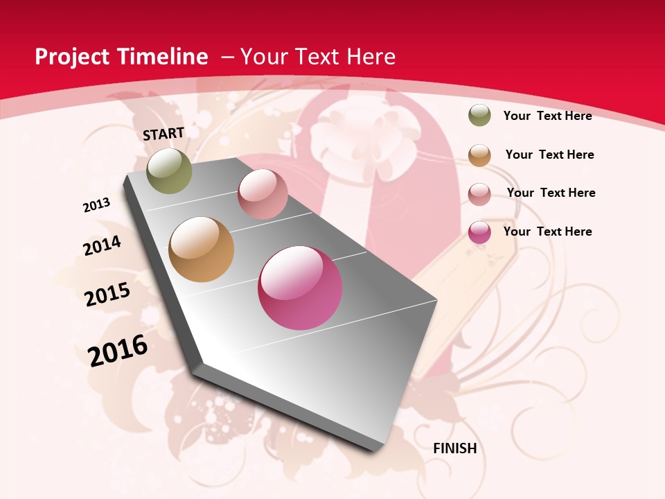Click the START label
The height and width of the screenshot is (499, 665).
[163, 134]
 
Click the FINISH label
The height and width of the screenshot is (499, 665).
[455, 448]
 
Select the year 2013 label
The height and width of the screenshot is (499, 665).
[96, 204]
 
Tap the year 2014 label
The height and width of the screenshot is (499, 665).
[102, 245]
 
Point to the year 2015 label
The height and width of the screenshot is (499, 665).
[107, 295]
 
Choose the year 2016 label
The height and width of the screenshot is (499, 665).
[118, 350]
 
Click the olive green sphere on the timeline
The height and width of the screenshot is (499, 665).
[169, 170]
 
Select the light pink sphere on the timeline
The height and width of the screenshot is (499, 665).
[263, 194]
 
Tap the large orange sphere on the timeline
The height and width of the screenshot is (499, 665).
[201, 249]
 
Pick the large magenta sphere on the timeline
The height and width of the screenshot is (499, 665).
[300, 288]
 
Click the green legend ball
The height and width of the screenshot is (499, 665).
[479, 116]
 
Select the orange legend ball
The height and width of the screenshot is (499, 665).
[479, 155]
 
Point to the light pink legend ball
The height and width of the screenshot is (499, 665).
[479, 193]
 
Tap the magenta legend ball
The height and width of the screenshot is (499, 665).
[479, 232]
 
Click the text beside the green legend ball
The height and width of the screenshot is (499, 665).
[547, 116]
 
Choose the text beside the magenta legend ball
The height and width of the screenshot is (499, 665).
[547, 231]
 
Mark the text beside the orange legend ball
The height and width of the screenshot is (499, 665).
[549, 155]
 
